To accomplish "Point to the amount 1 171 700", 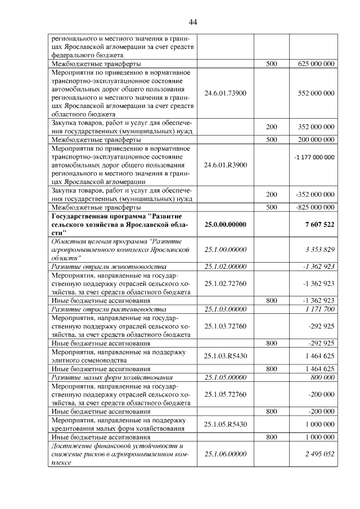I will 321,309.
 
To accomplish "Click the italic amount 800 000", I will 322,377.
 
